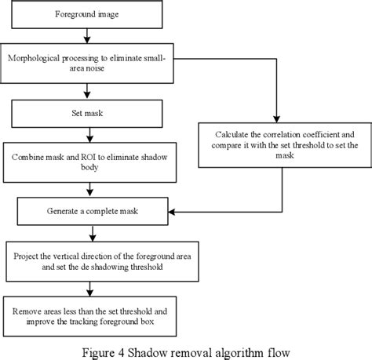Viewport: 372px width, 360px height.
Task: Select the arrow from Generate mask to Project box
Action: point(93,233)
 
